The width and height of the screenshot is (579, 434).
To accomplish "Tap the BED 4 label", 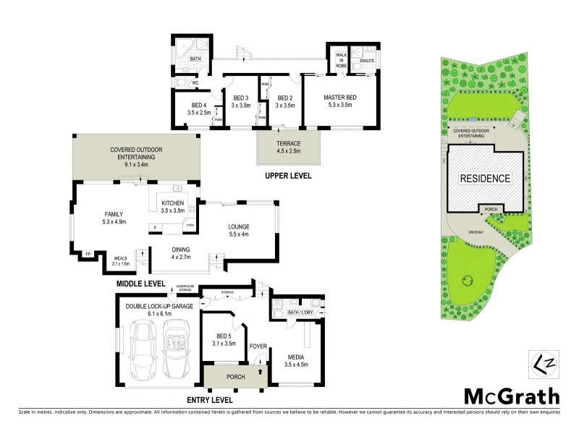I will [x=198, y=109].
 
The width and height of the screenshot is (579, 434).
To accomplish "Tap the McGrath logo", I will [x=512, y=396].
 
